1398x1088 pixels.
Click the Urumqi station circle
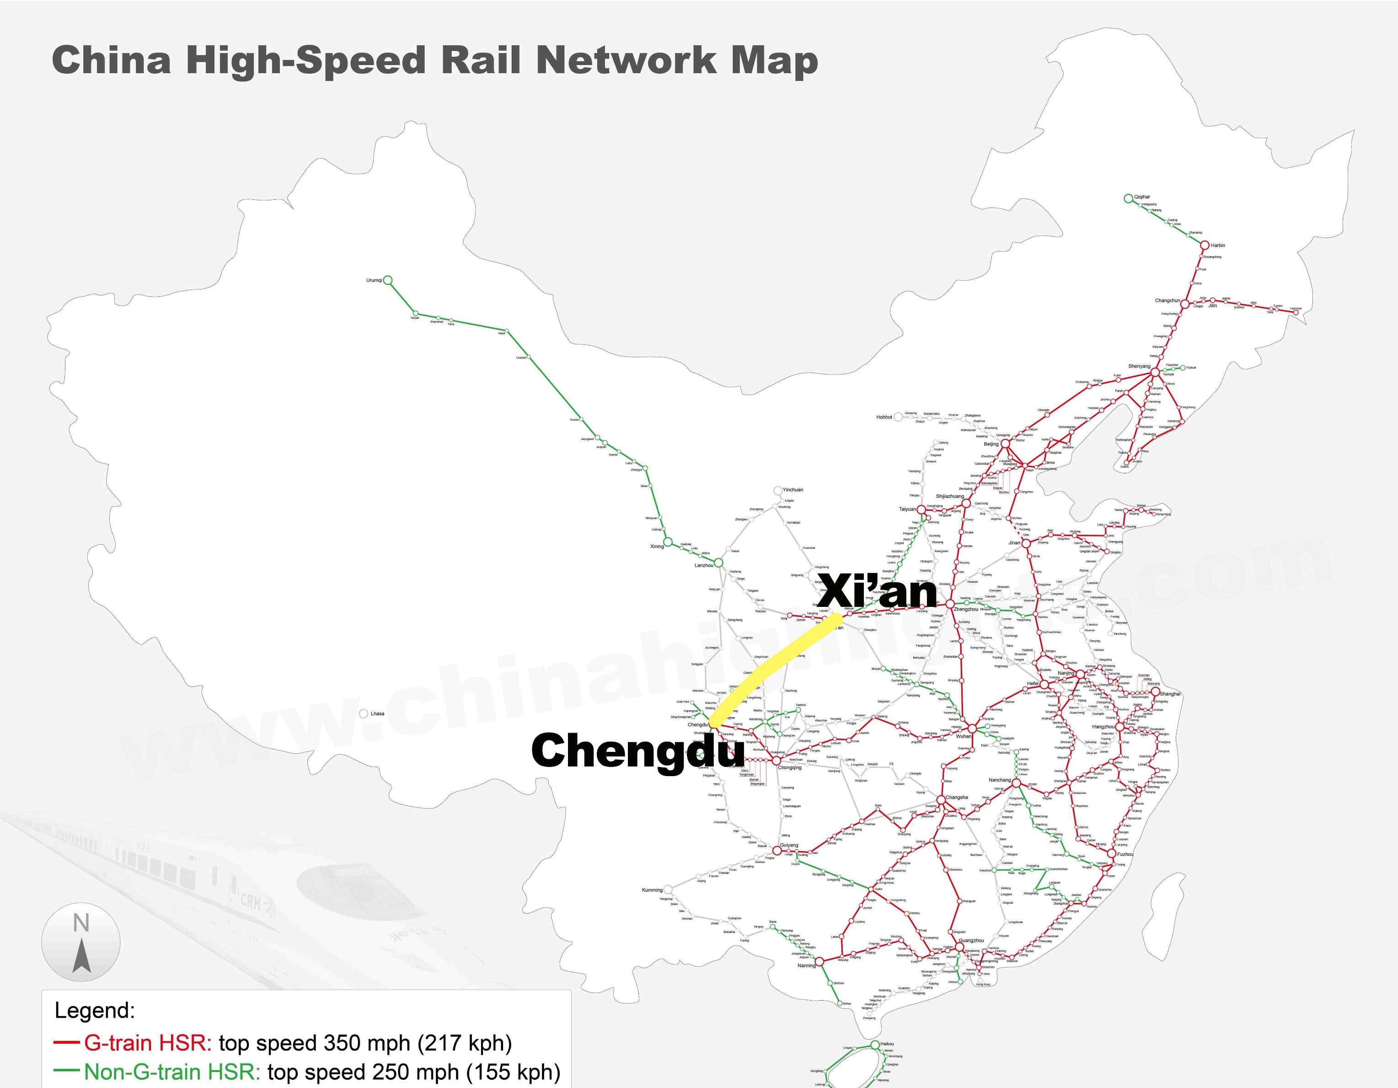click(x=387, y=280)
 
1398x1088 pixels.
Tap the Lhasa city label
click(x=377, y=713)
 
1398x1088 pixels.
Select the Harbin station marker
click(x=1204, y=245)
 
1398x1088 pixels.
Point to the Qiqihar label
click(x=1142, y=197)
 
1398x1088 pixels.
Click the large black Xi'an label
click(x=877, y=591)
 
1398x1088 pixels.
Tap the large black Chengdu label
click(x=637, y=751)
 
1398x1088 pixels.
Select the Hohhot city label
click(x=884, y=417)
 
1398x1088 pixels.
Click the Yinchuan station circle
click(x=778, y=491)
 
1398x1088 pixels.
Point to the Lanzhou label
click(x=703, y=566)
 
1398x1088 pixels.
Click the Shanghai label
click(x=1170, y=694)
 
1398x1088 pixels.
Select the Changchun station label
click(x=1167, y=301)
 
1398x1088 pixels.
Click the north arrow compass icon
click(x=80, y=943)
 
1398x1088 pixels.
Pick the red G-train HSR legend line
click(x=67, y=1043)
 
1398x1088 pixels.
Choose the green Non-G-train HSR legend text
click(x=171, y=1072)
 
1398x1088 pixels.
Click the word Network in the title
click(x=626, y=61)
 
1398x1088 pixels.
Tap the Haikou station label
click(x=887, y=1044)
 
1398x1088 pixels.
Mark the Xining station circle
click(x=668, y=543)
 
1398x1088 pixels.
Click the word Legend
click(x=95, y=1011)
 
